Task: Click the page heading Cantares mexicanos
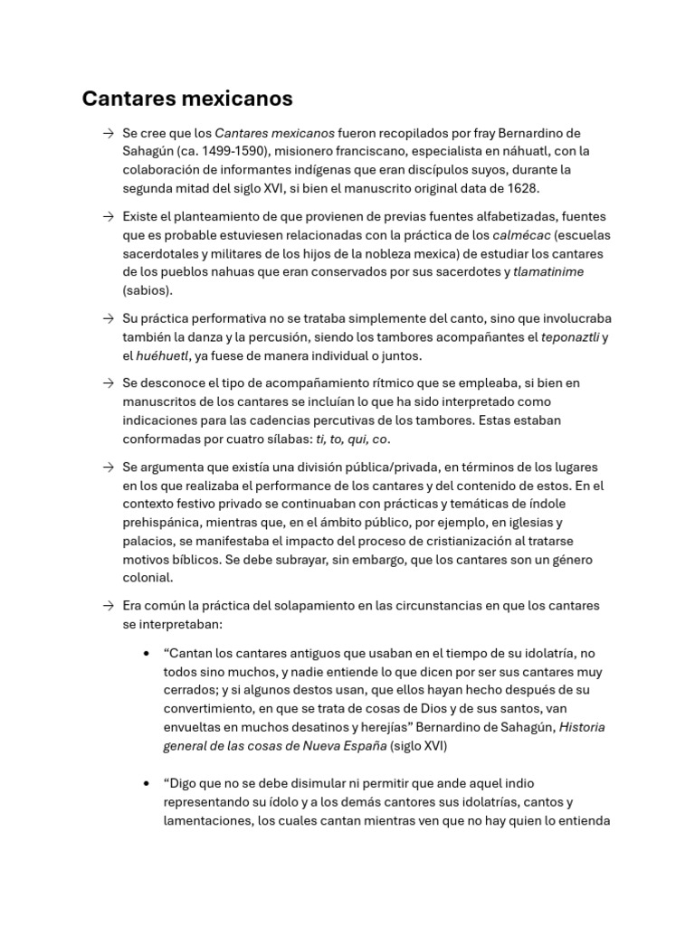pos(187,98)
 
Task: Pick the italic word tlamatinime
pos(548,272)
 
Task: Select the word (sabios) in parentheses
pos(148,291)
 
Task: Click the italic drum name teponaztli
pos(569,337)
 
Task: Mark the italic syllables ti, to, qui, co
pos(351,439)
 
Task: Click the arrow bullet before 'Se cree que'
pos(109,133)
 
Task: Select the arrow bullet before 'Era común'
pos(109,606)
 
